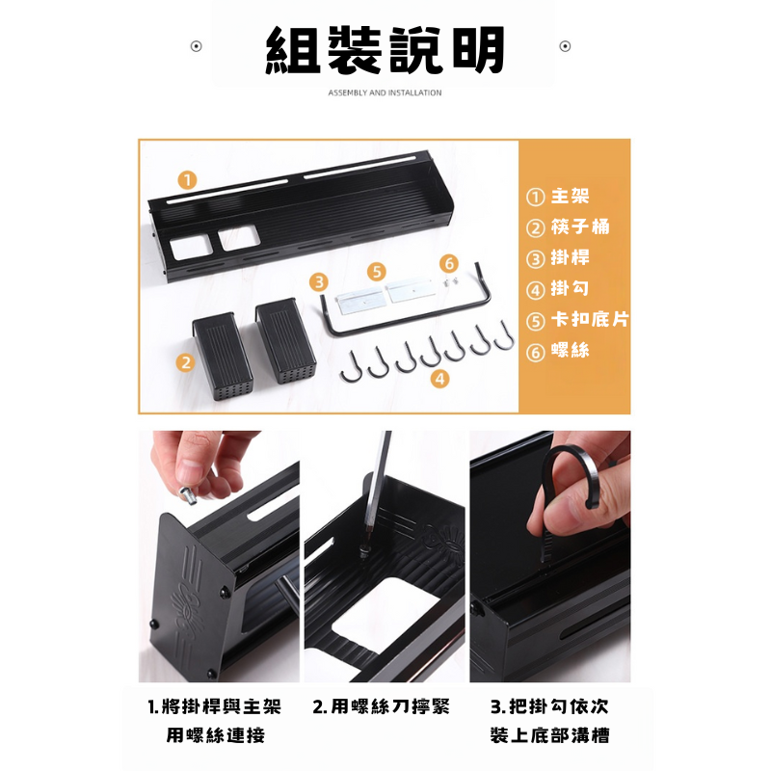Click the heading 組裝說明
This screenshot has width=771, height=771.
(x=385, y=50)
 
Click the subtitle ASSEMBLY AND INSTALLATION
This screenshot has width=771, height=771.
(x=385, y=93)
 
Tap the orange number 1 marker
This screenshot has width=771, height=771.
(x=187, y=180)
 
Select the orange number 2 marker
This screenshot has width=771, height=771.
(x=185, y=363)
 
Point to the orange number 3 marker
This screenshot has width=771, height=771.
(x=319, y=282)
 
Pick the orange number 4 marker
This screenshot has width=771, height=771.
(x=439, y=379)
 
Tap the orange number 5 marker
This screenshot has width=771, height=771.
(x=377, y=272)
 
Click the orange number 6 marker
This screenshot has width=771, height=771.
(x=449, y=263)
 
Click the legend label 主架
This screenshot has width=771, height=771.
(x=570, y=196)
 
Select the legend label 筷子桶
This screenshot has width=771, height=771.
(x=580, y=226)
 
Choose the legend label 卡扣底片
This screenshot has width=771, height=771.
(x=590, y=319)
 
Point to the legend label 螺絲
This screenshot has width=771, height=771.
(x=570, y=350)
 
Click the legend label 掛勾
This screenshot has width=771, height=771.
(x=570, y=288)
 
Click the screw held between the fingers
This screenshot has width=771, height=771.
(x=188, y=494)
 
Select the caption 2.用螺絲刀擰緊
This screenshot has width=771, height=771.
(x=382, y=706)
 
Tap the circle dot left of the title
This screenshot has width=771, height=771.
(x=197, y=46)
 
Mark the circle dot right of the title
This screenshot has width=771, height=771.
(x=565, y=46)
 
